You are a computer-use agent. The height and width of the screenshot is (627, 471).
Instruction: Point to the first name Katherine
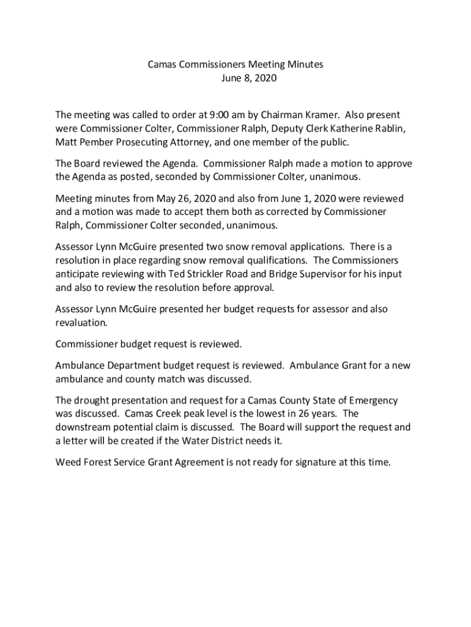(x=343, y=129)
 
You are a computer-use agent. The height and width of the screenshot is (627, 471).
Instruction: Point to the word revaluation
(x=81, y=322)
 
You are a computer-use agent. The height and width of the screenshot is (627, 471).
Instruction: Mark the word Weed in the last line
(x=67, y=462)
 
